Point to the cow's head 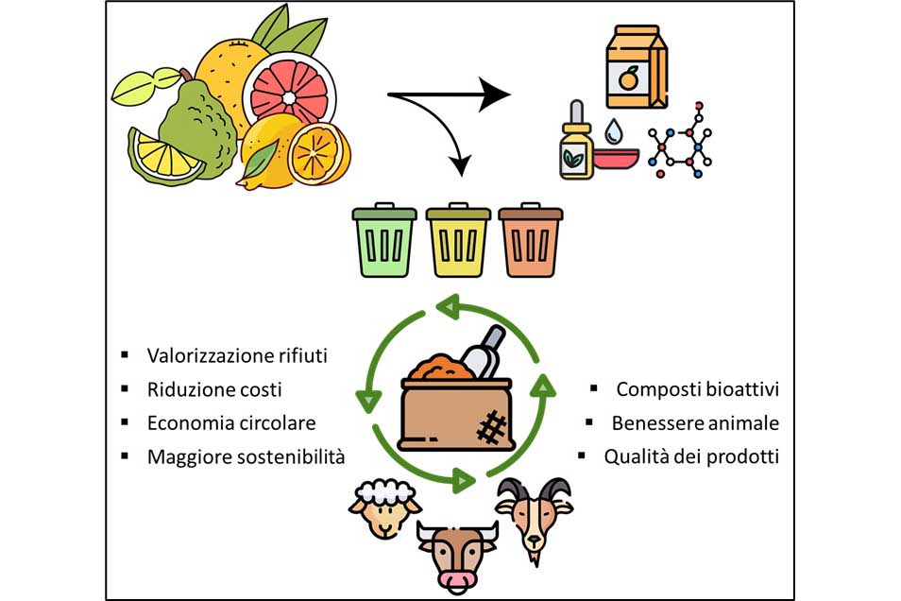pyautogui.click(x=457, y=553)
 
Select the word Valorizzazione pyautogui.click(x=202, y=355)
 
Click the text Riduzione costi pyautogui.click(x=214, y=389)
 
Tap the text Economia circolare pyautogui.click(x=231, y=422)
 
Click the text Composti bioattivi pyautogui.click(x=698, y=389)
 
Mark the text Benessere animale pyautogui.click(x=695, y=422)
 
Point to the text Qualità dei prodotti pyautogui.click(x=691, y=456)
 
